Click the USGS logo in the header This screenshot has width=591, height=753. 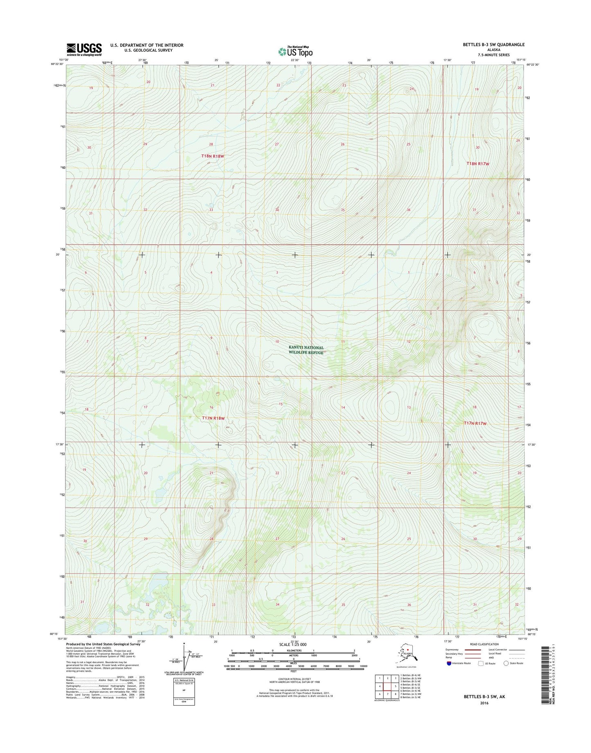pyautogui.click(x=84, y=49)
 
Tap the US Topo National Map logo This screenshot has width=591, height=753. pyautogui.click(x=295, y=51)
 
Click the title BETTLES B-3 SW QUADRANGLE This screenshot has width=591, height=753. pyautogui.click(x=494, y=45)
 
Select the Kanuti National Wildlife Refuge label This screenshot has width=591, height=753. pyautogui.click(x=306, y=350)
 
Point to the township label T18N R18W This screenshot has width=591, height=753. pyautogui.click(x=213, y=156)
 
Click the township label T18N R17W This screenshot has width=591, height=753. pyautogui.click(x=478, y=164)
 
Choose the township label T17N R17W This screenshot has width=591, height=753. pyautogui.click(x=475, y=424)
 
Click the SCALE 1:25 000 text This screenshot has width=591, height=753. pyautogui.click(x=292, y=645)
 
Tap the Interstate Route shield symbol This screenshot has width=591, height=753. pyautogui.click(x=449, y=663)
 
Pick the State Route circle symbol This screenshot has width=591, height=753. pyautogui.click(x=506, y=663)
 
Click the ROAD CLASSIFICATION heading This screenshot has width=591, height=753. pyautogui.click(x=484, y=644)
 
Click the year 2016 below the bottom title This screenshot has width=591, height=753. pyautogui.click(x=484, y=703)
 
